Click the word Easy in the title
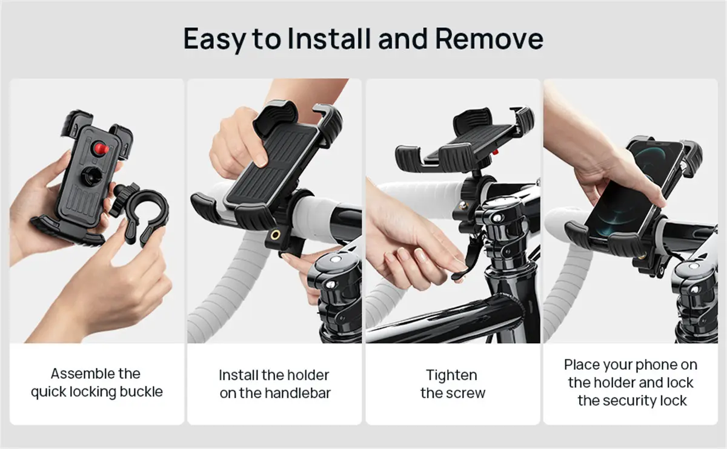[213, 39]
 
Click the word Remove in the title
[489, 39]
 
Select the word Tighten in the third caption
[452, 375]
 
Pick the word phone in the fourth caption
[652, 365]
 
